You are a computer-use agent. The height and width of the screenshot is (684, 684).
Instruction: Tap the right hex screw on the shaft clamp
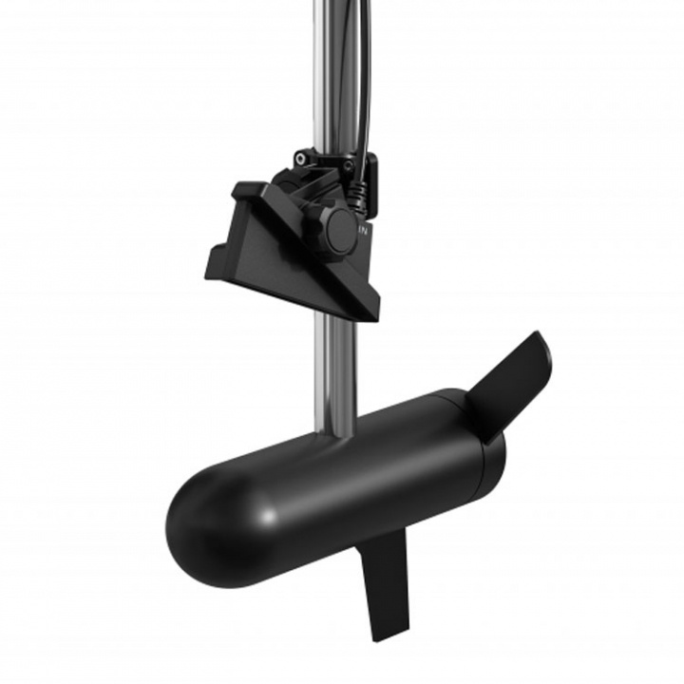click(x=349, y=165)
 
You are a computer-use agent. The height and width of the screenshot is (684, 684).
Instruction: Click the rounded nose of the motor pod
click(x=195, y=518)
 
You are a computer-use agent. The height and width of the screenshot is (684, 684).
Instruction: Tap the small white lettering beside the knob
click(x=363, y=230)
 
